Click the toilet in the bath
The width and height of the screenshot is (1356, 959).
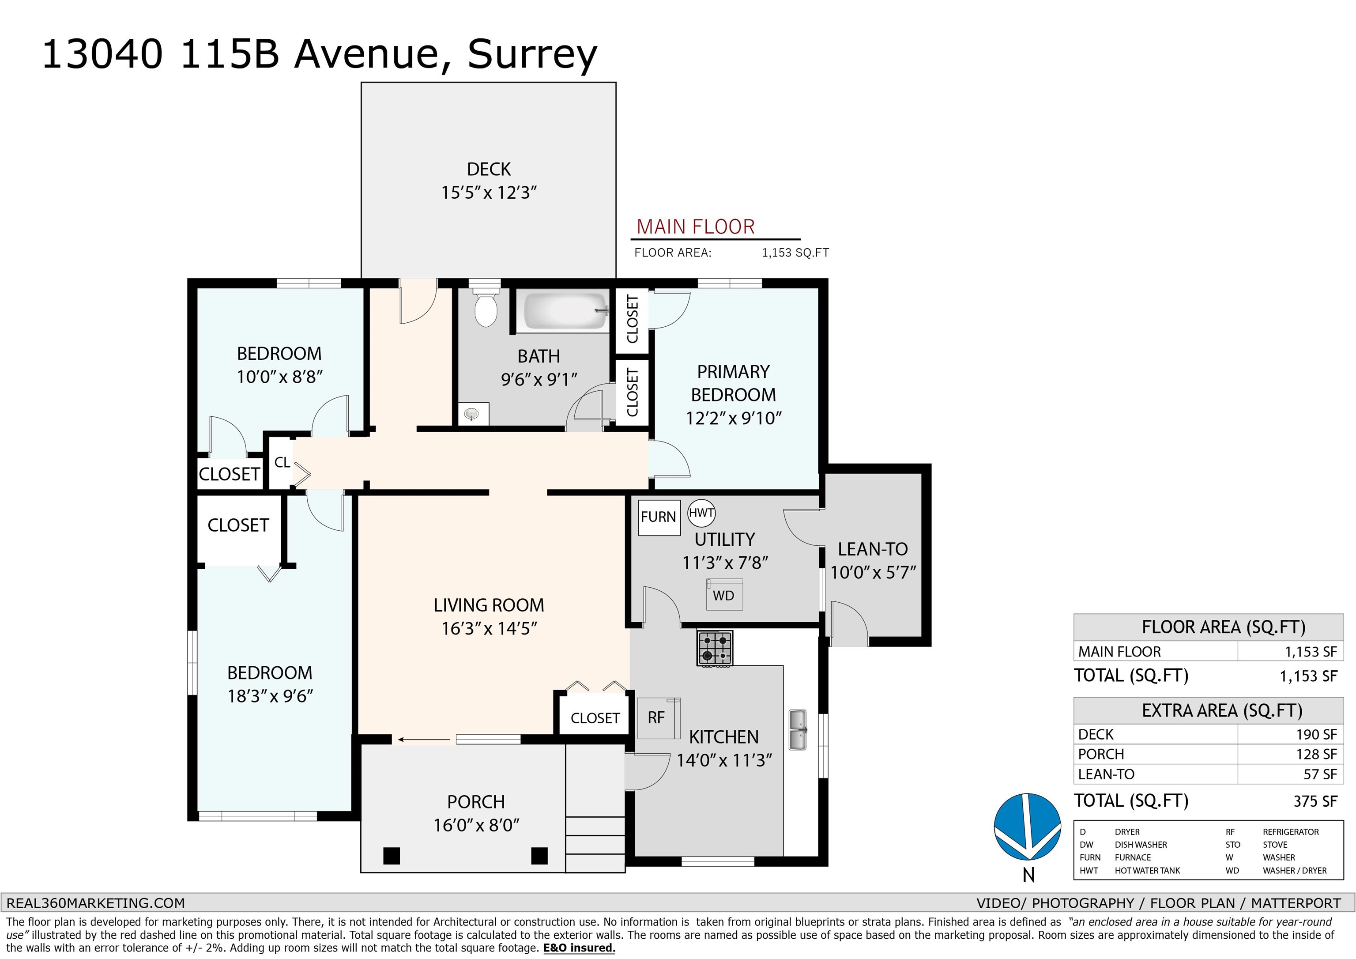tap(486, 308)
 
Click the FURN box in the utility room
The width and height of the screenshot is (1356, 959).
tap(659, 517)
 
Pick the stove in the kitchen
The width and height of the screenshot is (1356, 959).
tap(715, 648)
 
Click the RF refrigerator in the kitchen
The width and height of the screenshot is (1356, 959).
tap(659, 718)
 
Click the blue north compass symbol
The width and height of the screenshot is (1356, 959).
tap(1028, 826)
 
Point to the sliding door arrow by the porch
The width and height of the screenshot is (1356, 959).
tap(424, 739)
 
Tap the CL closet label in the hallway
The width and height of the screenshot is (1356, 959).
tap(282, 462)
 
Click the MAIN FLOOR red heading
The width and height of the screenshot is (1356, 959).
tap(695, 227)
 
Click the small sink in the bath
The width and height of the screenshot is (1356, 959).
tap(471, 413)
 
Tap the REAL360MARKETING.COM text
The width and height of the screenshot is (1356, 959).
tap(96, 903)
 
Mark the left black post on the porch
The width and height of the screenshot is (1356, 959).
tap(392, 856)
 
